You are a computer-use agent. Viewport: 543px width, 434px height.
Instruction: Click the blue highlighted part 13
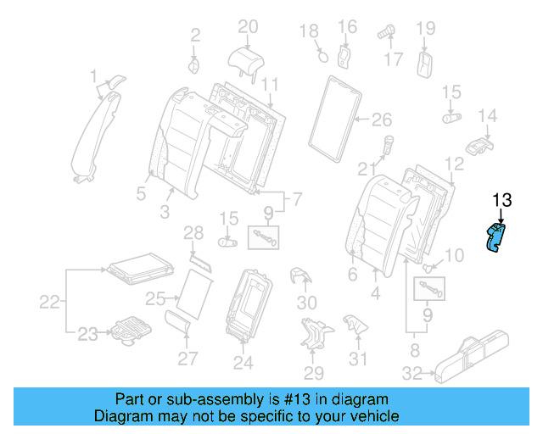pyautogui.click(x=494, y=238)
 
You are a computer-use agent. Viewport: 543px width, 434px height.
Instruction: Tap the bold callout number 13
pyautogui.click(x=501, y=200)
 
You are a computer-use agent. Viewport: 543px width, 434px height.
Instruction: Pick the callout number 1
pyautogui.click(x=94, y=78)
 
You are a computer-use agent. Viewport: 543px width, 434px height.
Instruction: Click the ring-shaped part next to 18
pyautogui.click(x=322, y=56)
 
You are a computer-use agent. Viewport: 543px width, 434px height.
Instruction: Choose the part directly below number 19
pyautogui.click(x=426, y=64)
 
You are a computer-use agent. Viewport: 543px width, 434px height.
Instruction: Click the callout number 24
pyautogui.click(x=244, y=364)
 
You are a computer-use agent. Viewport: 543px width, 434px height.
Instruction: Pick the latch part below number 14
pyautogui.click(x=480, y=143)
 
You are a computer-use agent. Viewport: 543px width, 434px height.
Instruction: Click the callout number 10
pyautogui.click(x=455, y=255)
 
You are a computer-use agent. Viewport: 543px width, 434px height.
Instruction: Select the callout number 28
pyautogui.click(x=194, y=232)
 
